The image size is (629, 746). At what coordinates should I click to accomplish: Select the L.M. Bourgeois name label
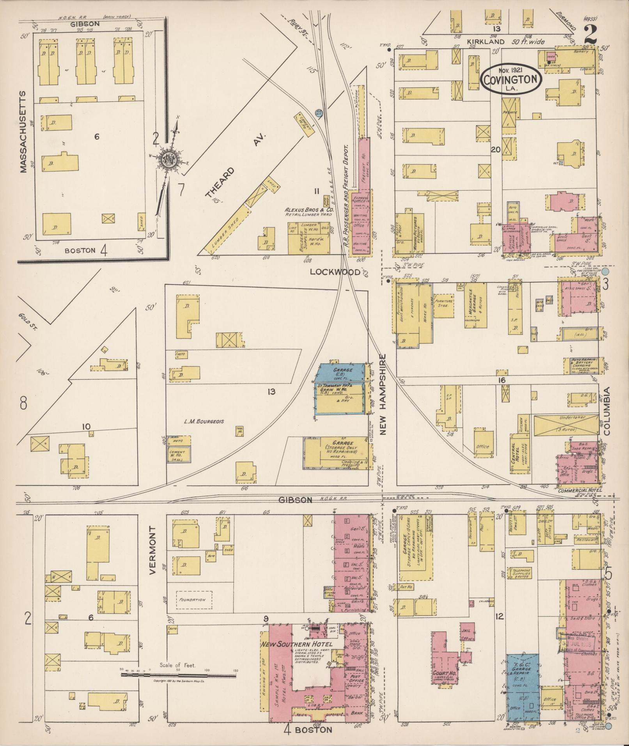pyautogui.click(x=204, y=422)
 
